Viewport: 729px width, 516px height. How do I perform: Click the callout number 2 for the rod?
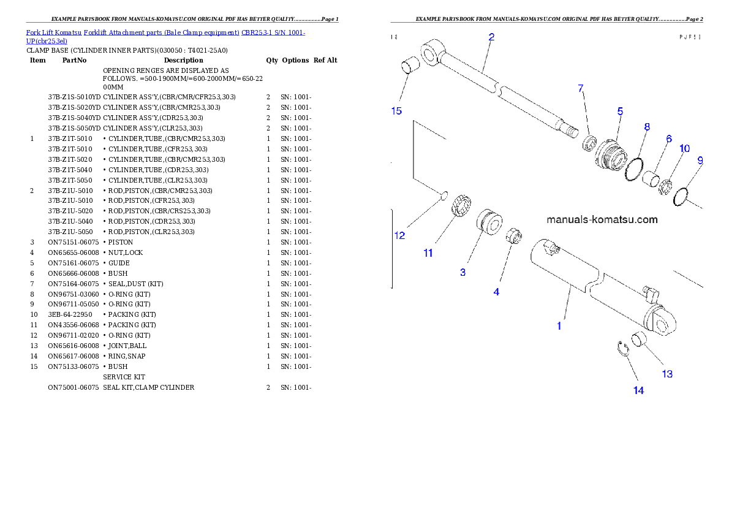tap(491, 37)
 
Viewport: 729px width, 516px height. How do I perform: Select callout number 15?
tap(396, 111)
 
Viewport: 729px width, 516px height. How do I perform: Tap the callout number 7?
tap(581, 89)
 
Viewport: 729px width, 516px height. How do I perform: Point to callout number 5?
tap(620, 112)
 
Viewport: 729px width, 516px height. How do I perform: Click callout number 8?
tap(647, 127)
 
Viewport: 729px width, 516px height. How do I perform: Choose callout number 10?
tap(684, 149)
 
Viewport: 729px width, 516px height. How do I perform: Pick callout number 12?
tap(399, 235)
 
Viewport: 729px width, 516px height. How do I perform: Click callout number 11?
tap(428, 253)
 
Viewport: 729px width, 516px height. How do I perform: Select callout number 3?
tap(463, 272)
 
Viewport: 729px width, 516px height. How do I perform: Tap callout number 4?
tap(496, 292)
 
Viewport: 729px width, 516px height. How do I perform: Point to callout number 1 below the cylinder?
tap(559, 327)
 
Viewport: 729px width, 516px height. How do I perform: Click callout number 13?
tap(667, 374)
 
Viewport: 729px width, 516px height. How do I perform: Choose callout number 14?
tap(638, 390)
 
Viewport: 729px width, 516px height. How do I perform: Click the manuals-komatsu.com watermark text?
tap(602, 219)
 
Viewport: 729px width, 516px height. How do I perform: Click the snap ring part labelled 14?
tap(622, 349)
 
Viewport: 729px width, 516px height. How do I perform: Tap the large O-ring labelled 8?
tap(634, 169)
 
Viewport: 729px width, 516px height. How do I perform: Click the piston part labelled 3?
tap(490, 221)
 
